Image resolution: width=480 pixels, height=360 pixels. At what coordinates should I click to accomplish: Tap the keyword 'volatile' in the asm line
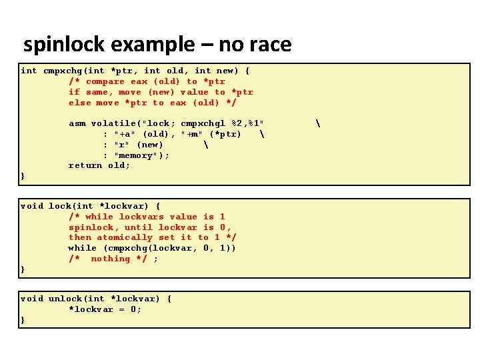(x=113, y=123)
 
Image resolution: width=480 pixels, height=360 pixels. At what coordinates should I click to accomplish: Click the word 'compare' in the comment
(x=105, y=81)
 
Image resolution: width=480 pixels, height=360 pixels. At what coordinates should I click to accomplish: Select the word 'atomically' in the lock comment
(x=125, y=237)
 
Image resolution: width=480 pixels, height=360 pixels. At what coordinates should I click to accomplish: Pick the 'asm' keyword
(x=77, y=123)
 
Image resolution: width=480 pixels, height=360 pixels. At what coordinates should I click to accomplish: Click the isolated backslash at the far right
(x=318, y=123)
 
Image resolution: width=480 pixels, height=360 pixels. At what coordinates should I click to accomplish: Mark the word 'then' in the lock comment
(x=79, y=237)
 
